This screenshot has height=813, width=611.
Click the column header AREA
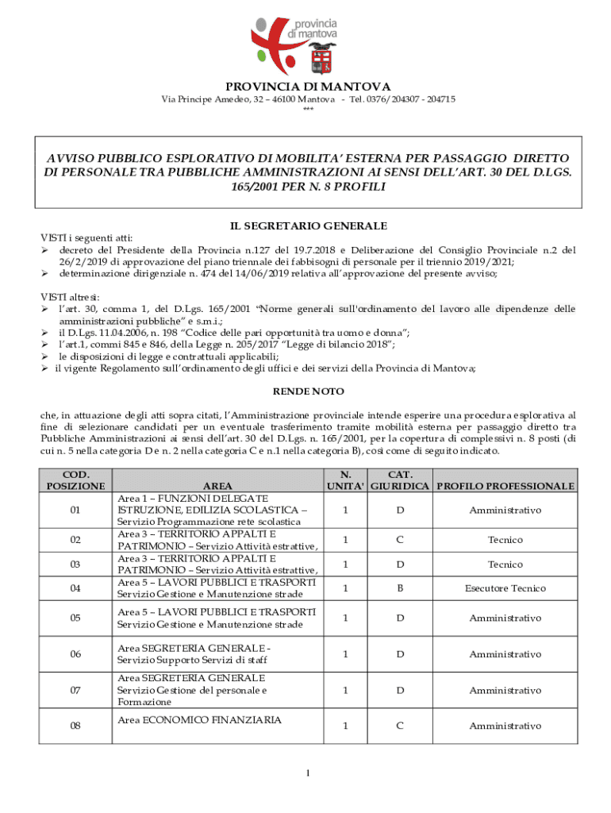click(x=217, y=485)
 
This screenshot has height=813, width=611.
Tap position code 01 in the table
click(x=75, y=510)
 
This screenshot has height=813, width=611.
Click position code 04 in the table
click(x=75, y=588)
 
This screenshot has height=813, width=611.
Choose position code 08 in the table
click(x=75, y=726)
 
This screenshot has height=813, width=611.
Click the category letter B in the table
click(x=400, y=588)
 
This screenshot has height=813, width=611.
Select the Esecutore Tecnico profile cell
click(x=505, y=588)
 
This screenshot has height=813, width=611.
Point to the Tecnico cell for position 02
click(x=505, y=540)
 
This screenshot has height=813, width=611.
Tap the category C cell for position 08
click(x=400, y=726)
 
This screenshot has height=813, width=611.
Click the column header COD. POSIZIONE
click(x=75, y=480)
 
